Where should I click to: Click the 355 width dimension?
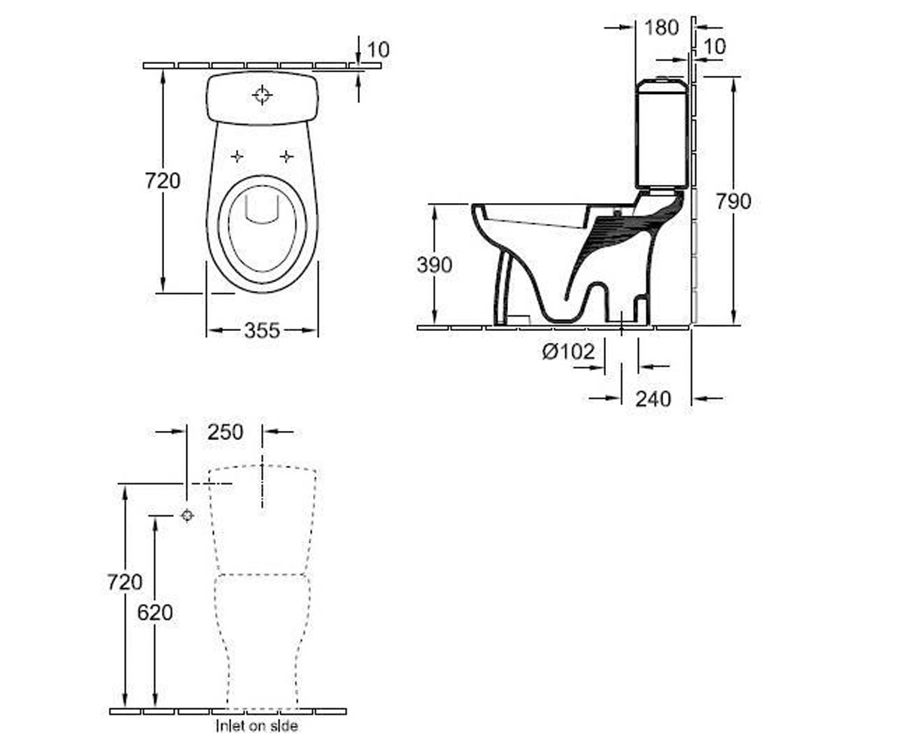coord(262,331)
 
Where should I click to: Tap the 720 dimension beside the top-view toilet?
coord(163,180)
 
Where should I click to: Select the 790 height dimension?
coord(734,202)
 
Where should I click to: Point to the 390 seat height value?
coord(434,265)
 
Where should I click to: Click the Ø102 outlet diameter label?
coord(568,351)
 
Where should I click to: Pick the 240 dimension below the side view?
coord(653,399)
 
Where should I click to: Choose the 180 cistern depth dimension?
coord(661,28)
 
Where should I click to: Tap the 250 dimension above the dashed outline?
coord(225,432)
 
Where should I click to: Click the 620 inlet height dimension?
coord(155,612)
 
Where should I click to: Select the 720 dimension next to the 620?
coord(125,583)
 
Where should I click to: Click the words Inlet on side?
coord(257,726)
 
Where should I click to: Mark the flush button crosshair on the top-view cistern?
coord(262,95)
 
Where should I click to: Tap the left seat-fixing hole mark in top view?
coord(237,156)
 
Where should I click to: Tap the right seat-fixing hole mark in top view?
coord(286,156)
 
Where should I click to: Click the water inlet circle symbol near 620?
coord(187,515)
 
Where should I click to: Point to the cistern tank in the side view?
coord(661,133)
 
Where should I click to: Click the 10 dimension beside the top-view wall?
coord(379,50)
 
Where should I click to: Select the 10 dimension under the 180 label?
coord(714,47)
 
